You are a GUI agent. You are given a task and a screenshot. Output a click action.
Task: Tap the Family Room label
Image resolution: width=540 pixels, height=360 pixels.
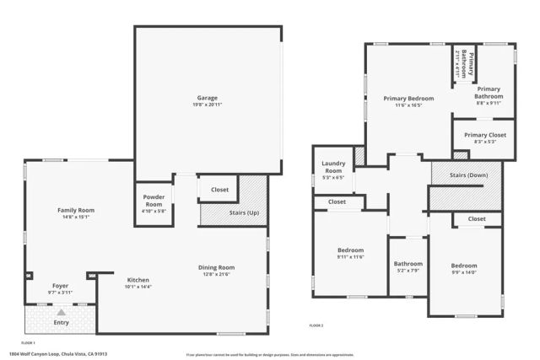[75, 210]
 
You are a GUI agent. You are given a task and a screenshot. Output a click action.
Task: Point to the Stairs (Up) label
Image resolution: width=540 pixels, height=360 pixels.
[244, 213]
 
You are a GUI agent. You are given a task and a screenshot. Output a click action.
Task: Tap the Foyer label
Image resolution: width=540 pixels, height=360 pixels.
[60, 285]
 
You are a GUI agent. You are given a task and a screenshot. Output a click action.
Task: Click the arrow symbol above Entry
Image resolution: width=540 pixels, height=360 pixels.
[61, 313]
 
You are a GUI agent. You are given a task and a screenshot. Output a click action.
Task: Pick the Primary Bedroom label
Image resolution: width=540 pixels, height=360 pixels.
[408, 99]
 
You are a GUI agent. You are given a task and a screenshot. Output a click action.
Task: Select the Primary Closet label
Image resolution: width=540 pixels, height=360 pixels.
[484, 135]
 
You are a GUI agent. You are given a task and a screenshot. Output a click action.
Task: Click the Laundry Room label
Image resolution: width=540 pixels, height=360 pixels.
[334, 166]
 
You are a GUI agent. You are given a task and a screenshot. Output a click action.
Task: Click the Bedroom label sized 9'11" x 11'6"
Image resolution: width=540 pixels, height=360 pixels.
[350, 250]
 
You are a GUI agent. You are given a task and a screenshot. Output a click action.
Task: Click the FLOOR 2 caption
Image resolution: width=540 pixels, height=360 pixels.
[316, 325]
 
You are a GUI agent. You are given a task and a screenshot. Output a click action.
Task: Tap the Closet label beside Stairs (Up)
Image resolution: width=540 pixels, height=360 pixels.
[219, 190]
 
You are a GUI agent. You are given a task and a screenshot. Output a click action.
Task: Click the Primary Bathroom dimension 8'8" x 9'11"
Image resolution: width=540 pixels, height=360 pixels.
[489, 103]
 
